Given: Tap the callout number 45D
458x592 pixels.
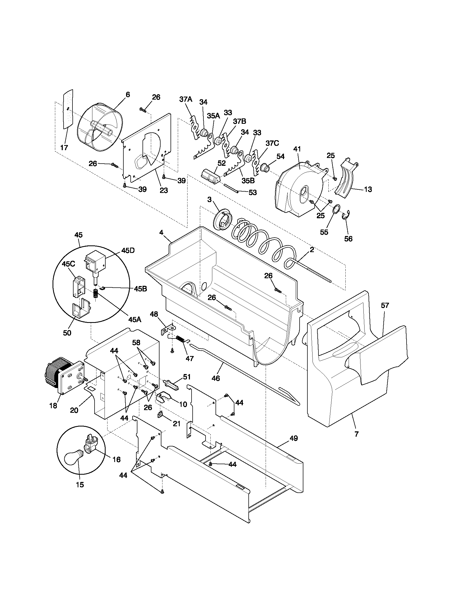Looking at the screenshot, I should click(x=128, y=251).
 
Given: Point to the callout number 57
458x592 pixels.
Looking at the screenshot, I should click(x=385, y=305).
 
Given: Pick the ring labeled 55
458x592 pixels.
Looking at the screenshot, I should click(x=337, y=210).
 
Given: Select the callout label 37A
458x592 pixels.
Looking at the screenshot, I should click(x=186, y=99).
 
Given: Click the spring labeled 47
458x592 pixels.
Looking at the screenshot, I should click(x=180, y=339).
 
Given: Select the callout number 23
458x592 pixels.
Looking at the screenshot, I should click(x=164, y=190).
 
